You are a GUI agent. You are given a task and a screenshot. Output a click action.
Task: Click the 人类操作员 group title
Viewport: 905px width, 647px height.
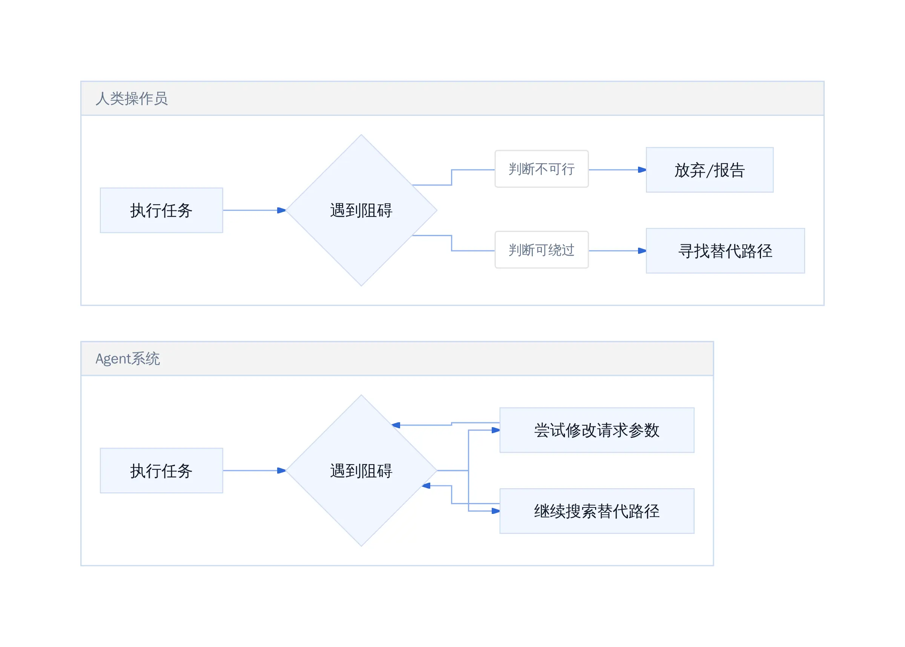[x=132, y=98]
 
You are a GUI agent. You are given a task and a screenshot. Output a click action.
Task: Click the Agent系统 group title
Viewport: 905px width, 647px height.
[x=127, y=359]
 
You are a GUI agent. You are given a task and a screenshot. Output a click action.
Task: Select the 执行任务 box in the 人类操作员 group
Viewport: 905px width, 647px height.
[x=161, y=210]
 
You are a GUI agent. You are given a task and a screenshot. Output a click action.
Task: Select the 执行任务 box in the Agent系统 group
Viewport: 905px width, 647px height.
[x=161, y=471]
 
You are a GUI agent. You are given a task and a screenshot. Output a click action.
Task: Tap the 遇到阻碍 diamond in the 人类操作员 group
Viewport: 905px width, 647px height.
[x=361, y=210]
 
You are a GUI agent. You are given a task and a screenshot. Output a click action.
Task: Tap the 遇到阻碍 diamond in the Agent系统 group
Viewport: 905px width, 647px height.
[x=361, y=471]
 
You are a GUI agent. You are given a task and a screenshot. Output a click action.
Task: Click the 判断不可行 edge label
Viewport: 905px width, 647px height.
[x=542, y=169]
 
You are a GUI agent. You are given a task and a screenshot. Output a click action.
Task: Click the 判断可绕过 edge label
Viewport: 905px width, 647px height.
[x=542, y=250]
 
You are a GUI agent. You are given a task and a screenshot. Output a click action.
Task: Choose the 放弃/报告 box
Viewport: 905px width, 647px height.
[x=710, y=170]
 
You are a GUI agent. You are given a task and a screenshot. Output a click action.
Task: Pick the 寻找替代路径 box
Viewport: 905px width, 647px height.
[x=726, y=251]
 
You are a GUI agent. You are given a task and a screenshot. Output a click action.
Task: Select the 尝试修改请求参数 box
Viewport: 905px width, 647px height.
[x=597, y=430]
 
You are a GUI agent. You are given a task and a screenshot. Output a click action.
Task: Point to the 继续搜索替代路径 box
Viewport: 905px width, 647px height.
[x=597, y=511]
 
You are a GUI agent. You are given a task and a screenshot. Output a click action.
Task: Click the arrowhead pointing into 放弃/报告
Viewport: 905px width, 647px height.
[x=642, y=170]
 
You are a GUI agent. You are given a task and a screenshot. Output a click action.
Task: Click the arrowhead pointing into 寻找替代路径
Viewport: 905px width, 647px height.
[x=642, y=251]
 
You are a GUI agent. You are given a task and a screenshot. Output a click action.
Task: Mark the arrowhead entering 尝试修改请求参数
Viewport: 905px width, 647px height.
[x=495, y=430]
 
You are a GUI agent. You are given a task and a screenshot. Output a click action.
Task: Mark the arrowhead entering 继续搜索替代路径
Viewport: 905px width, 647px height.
[x=495, y=511]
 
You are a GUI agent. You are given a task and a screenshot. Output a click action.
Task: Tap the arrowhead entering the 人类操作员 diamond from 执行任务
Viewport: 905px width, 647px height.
[x=282, y=210]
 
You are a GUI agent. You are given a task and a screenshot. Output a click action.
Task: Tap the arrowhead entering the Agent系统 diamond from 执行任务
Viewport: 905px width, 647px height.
[x=282, y=471]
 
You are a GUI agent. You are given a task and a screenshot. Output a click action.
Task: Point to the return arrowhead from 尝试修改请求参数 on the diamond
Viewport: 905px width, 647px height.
[x=396, y=425]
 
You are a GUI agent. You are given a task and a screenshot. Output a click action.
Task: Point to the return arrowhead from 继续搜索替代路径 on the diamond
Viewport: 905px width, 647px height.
[x=426, y=486]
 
